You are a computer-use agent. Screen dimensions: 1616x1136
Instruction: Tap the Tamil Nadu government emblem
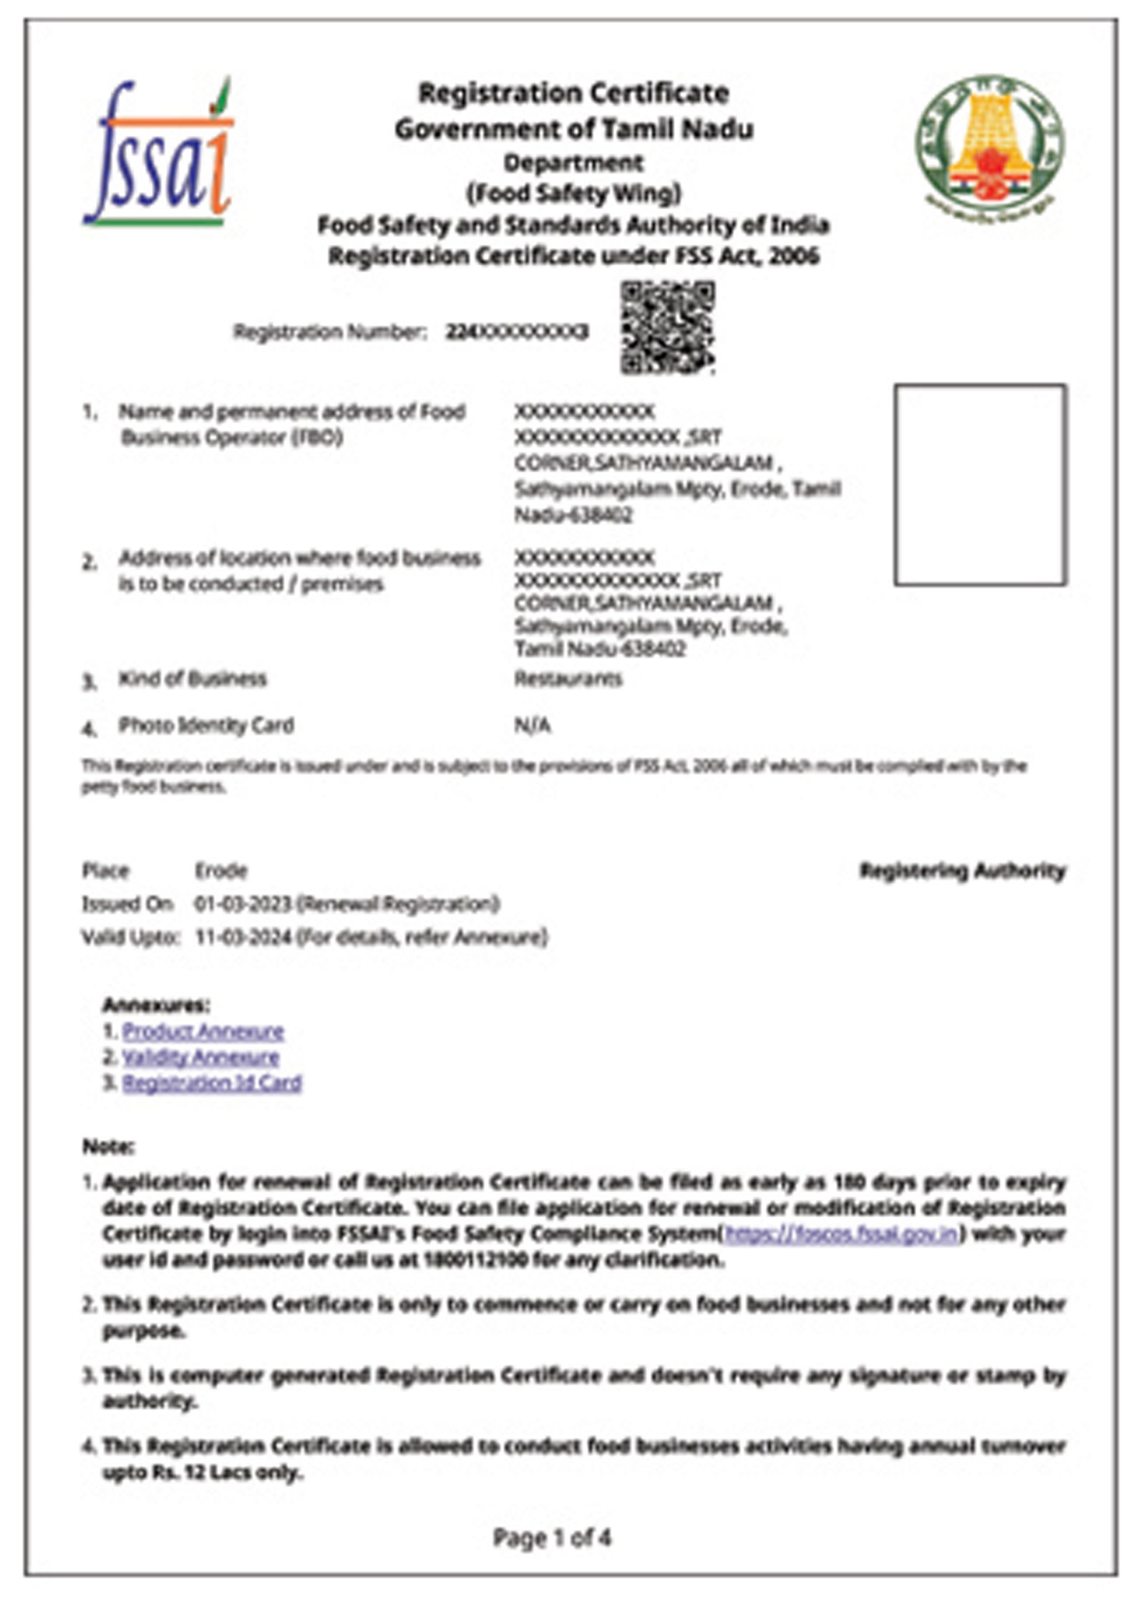coord(989,141)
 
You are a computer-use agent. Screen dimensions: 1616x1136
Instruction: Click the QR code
coord(667,327)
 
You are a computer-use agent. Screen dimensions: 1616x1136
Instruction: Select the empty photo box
coord(980,485)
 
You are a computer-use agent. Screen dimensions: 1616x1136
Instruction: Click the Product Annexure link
coord(203,1031)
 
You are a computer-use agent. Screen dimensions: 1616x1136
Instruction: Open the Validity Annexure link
coord(200,1057)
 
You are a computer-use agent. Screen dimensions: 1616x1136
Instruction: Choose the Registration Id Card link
coord(212,1082)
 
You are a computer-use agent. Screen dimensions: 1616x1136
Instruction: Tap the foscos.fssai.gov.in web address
coord(842,1233)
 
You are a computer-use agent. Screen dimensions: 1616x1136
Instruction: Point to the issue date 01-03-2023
coord(243,905)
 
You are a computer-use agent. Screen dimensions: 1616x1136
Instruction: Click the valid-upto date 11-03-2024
coord(243,937)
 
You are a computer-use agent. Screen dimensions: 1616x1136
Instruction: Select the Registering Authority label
coord(962,871)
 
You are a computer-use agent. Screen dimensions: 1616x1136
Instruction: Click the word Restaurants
coord(568,678)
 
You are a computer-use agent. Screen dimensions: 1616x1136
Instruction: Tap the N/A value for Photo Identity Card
coord(533,726)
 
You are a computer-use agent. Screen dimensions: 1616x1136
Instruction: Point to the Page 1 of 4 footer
coord(552,1537)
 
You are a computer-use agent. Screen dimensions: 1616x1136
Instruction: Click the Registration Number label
coord(330,332)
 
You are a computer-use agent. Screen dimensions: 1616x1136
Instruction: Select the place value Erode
coord(221,872)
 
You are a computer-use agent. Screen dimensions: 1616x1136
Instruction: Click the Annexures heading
coord(156,1005)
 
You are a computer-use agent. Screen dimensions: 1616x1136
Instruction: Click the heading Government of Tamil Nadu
coord(574,130)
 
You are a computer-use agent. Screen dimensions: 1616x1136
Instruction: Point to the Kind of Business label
coord(193,679)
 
